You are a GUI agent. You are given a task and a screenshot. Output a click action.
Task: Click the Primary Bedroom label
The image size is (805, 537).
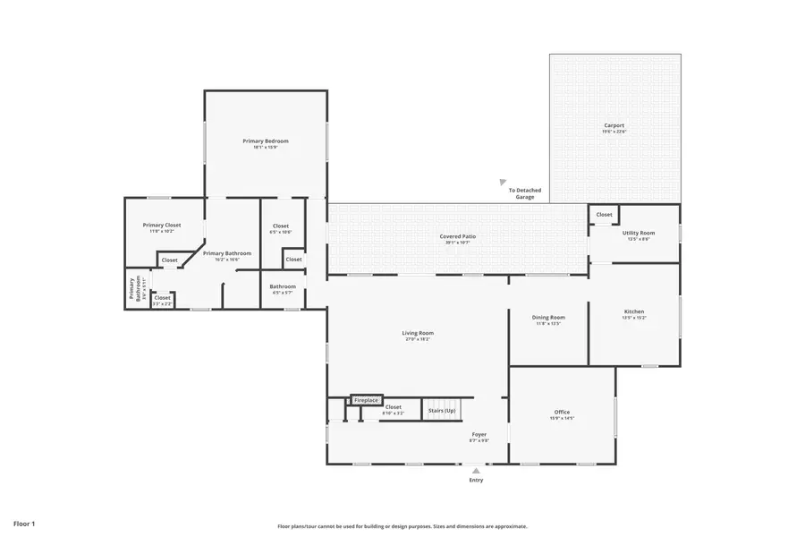pos(266,141)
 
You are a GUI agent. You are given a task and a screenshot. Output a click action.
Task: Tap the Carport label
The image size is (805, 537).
pos(614,126)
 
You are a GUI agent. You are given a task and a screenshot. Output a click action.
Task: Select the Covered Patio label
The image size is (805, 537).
pos(457,237)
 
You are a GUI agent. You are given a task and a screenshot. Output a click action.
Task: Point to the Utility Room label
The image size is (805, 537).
pos(639,234)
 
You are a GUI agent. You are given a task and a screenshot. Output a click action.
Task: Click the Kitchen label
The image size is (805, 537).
pos(633,312)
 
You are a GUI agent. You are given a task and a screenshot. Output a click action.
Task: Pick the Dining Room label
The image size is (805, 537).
pos(548,319)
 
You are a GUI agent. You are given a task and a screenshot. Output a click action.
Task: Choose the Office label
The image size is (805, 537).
pos(562,413)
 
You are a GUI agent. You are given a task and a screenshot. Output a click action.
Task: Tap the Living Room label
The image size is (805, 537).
pos(417,334)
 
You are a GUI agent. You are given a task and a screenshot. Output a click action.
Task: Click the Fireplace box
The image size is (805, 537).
pos(366,400)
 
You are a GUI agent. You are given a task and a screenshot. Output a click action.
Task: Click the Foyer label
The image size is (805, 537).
pos(479,436)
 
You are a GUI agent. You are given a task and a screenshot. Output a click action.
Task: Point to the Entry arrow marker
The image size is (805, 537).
pos(476,469)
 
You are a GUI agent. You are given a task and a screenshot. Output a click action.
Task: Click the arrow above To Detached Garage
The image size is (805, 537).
pos(503,183)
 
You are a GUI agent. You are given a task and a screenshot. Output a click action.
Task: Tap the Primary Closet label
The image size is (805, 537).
pos(162,226)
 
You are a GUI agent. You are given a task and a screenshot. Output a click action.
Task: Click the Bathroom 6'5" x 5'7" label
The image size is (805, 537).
pos(283,288)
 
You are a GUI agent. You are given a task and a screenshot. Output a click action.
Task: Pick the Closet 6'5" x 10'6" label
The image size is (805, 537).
pos(281,227)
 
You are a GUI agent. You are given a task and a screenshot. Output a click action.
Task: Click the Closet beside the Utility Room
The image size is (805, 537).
pos(605,215)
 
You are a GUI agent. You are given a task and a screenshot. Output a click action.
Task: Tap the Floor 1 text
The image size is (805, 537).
pos(23,523)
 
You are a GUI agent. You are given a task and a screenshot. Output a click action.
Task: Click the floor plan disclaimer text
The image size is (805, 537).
pos(402,526)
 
